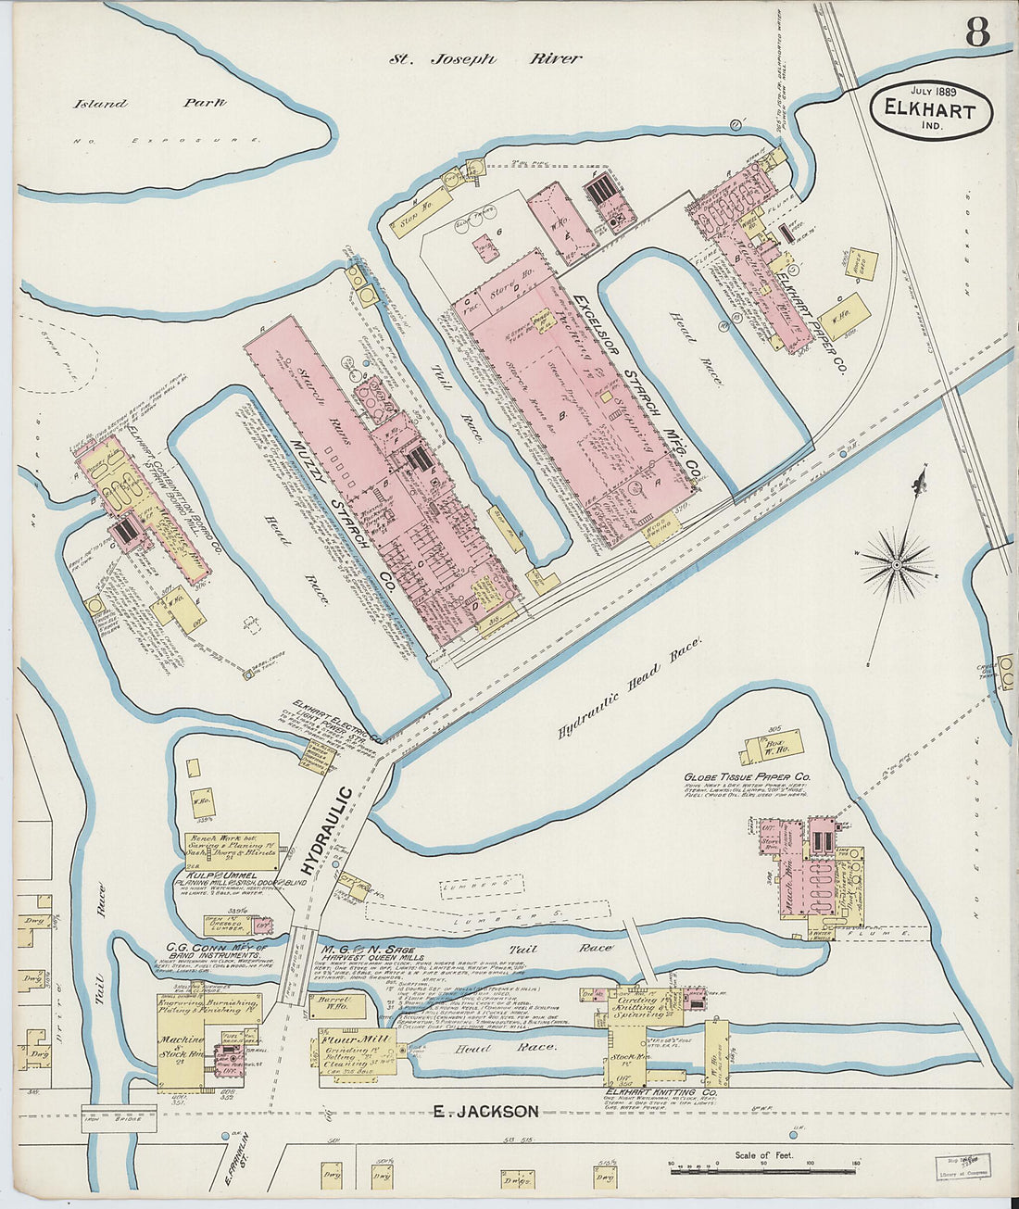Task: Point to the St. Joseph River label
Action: click(x=484, y=58)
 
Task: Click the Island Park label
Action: click(x=149, y=103)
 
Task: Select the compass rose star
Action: click(x=897, y=562)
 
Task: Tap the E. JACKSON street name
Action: click(x=485, y=1112)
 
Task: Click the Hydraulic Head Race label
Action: click(x=631, y=686)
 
